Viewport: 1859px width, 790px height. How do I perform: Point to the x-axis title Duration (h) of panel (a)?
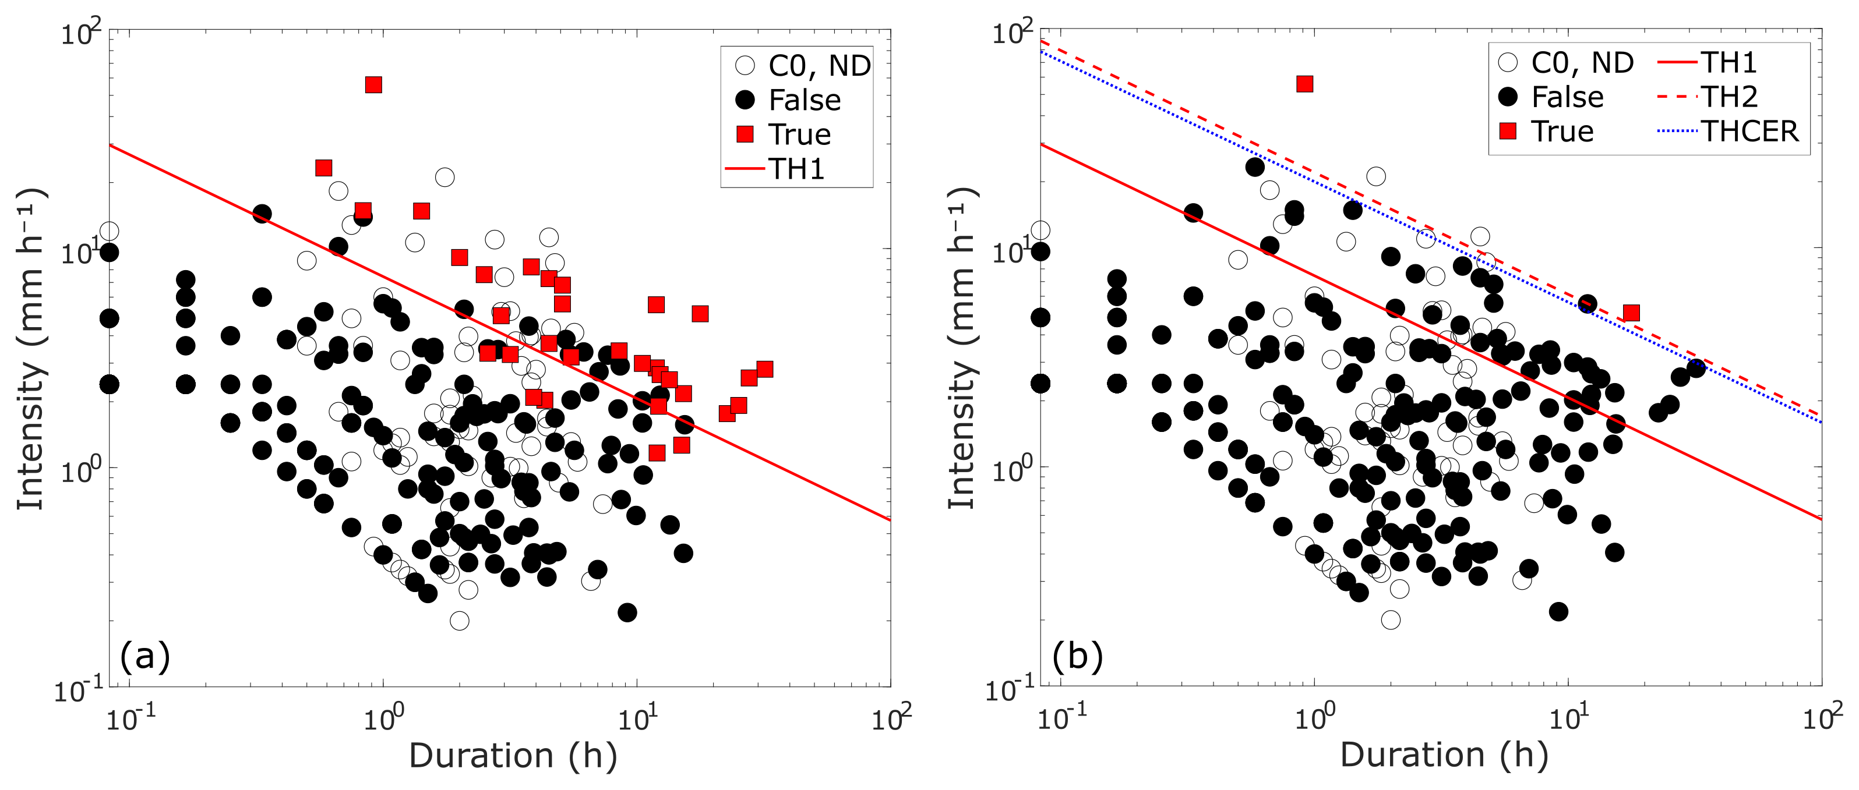513,756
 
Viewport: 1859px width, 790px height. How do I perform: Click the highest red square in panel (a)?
373,85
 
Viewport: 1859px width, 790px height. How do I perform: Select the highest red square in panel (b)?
1304,84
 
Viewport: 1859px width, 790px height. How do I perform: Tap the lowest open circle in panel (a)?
459,621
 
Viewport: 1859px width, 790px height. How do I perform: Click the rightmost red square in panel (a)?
764,370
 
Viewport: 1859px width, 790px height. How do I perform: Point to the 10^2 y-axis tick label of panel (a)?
79,34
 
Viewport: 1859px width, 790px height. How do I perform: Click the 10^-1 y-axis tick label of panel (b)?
1010,691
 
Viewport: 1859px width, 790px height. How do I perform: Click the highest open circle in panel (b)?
1375,176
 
